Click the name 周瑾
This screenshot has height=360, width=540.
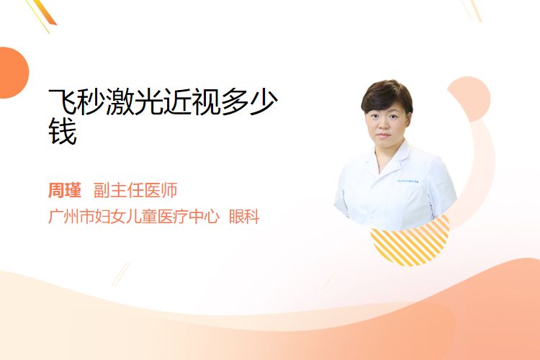click(64, 190)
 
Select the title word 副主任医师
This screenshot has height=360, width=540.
click(135, 190)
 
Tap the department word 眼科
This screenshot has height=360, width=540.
click(244, 217)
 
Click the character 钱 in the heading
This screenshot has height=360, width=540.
click(63, 131)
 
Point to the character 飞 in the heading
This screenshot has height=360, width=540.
click(63, 101)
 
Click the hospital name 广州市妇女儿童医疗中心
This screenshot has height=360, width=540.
click(134, 217)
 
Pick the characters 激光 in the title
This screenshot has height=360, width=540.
click(135, 101)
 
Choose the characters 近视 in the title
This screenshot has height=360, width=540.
click(192, 101)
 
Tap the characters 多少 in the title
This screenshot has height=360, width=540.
click(250, 101)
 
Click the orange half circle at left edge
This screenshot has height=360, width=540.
click(13, 73)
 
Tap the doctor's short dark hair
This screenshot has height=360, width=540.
click(387, 95)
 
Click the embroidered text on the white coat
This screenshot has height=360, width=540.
click(408, 181)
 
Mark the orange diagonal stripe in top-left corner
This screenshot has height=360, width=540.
click(45, 12)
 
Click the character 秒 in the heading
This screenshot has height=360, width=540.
click(91, 101)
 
